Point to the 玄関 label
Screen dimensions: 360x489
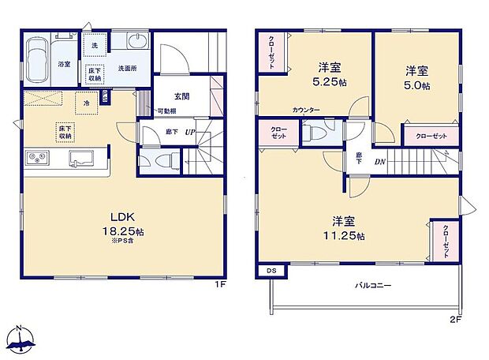(x=181, y=97)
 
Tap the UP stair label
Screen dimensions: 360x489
(x=190, y=132)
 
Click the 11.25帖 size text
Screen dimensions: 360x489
(x=347, y=236)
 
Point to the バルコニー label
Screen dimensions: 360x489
(x=367, y=285)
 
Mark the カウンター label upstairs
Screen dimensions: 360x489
(x=306, y=111)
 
